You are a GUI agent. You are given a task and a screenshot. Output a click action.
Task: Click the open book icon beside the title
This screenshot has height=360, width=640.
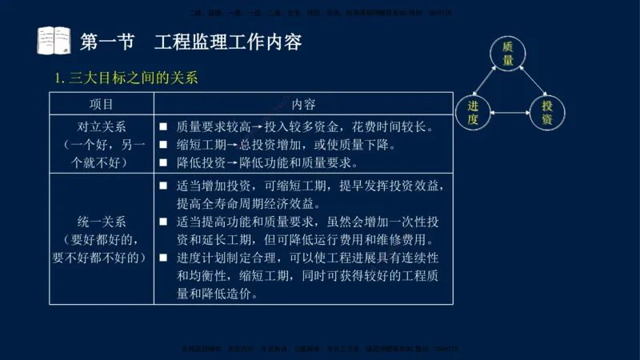[54, 41]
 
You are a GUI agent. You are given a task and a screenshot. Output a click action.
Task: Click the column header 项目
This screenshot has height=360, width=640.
[102, 105]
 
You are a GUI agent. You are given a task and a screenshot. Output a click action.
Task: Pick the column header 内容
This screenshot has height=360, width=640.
[303, 105]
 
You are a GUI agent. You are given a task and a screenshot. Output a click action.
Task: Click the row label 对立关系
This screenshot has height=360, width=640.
[102, 127]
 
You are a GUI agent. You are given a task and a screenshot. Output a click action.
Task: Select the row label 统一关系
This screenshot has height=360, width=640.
[102, 221]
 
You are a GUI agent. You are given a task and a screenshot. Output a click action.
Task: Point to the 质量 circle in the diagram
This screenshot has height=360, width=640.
[507, 54]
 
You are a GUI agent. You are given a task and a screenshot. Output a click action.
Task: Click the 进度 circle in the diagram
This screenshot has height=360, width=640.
[473, 113]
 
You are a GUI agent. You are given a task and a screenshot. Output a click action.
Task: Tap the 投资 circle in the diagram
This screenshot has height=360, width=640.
[547, 113]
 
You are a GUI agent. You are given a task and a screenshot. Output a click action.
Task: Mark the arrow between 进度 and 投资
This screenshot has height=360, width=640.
[510, 113]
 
